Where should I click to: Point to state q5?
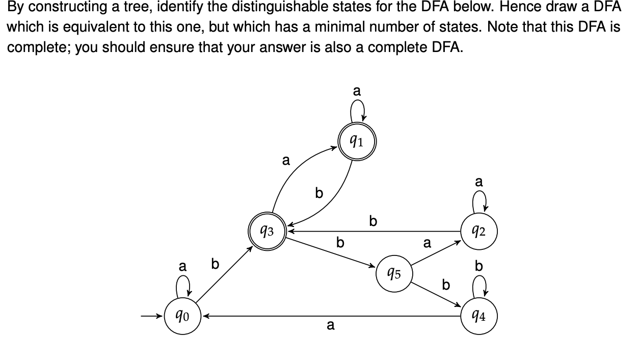coord(394,274)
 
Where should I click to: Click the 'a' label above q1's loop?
coord(357,91)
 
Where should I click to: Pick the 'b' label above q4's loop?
coord(478,266)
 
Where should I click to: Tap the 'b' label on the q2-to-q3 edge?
coord(373,221)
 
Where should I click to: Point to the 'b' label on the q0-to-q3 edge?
coord(215,264)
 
